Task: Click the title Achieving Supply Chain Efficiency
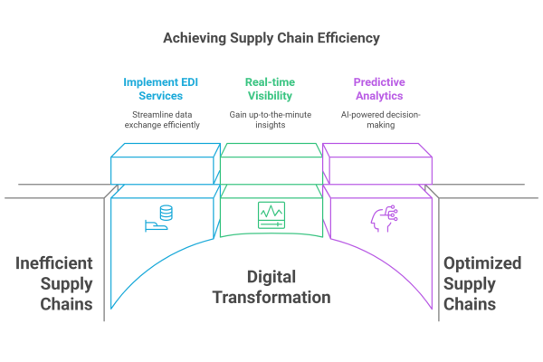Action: click(x=271, y=39)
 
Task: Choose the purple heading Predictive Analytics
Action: click(x=378, y=89)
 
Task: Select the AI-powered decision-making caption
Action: click(x=378, y=119)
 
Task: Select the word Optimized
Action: click(x=481, y=264)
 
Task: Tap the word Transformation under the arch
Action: click(x=271, y=297)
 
